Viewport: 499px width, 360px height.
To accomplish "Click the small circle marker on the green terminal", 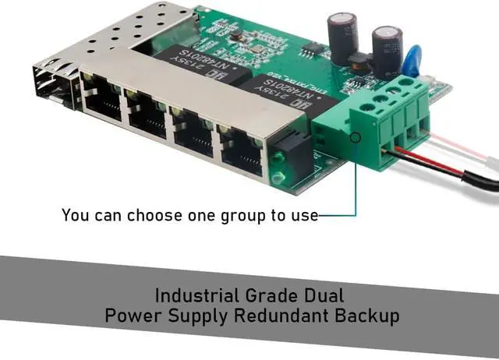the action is coord(356,138).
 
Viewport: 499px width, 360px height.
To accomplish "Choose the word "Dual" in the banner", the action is coord(323,296).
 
